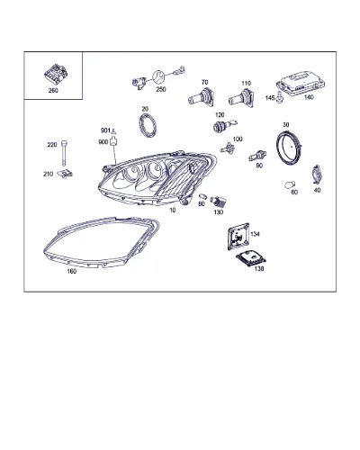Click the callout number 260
coord(53,91)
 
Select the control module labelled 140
coord(301,83)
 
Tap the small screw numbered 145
coord(280,97)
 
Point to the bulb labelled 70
coord(201,97)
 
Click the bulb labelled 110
coord(241,98)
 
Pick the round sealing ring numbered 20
coord(148,125)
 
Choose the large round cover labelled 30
coord(288,148)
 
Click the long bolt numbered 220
coord(64,153)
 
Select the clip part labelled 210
coord(65,173)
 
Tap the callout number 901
coord(105,130)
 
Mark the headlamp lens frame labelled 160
coord(102,242)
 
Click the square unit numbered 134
coord(238,237)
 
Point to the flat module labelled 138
coord(251,257)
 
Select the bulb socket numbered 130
coord(218,202)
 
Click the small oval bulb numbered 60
coord(291,185)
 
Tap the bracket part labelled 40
coord(316,174)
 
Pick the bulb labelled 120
coord(225,125)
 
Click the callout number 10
coord(173,211)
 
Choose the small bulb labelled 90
coord(257,156)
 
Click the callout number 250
coord(161,89)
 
